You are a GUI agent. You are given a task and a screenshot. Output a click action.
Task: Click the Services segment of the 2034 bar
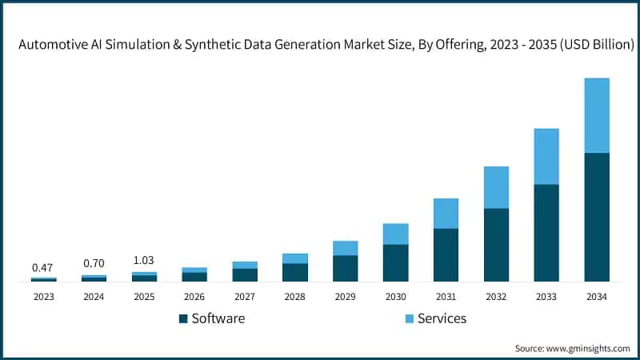597,115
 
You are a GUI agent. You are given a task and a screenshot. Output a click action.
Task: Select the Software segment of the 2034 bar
597,217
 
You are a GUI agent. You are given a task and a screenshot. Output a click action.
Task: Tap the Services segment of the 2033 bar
546,156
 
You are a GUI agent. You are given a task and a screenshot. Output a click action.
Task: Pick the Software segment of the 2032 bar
496,245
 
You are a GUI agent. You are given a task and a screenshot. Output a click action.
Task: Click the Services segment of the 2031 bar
446,214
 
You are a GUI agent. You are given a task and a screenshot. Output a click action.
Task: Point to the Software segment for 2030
395,263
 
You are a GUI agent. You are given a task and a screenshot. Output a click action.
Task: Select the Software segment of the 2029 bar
345,269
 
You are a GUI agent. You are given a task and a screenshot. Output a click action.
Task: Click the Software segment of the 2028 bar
295,273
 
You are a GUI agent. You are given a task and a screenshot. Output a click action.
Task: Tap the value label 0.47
43,267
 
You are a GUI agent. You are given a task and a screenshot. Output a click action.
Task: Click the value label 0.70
94,264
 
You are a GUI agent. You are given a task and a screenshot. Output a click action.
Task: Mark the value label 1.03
144,261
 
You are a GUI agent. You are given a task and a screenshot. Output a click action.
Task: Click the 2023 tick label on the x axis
43,297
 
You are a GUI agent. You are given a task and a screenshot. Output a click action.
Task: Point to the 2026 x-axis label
194,297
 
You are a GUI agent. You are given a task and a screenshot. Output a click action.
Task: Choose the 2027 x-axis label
245,297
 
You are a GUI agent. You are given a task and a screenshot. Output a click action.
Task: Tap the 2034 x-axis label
597,297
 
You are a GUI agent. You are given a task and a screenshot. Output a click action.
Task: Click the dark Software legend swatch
183,318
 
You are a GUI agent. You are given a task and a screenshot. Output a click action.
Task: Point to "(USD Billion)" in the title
592,46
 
